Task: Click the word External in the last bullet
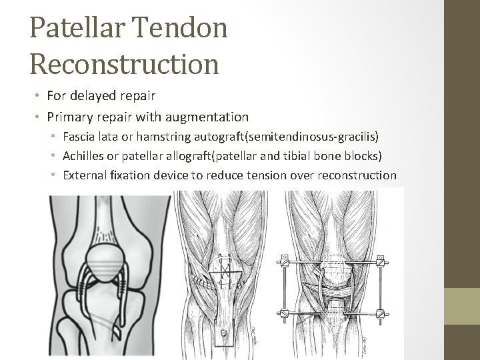(x=85, y=175)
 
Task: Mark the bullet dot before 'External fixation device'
(x=54, y=175)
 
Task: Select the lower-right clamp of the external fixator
(x=381, y=313)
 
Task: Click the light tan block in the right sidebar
(x=462, y=324)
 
